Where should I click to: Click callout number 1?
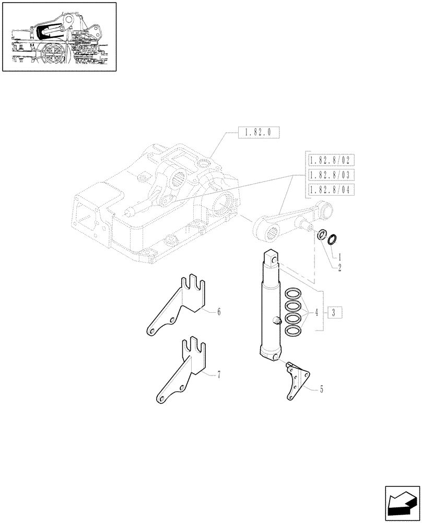point(340,257)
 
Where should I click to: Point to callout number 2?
point(340,267)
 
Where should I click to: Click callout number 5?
point(321,389)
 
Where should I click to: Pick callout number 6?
point(219,312)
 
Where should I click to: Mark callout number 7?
point(219,374)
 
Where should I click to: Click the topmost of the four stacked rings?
point(293,293)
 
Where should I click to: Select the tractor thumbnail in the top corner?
point(59,37)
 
